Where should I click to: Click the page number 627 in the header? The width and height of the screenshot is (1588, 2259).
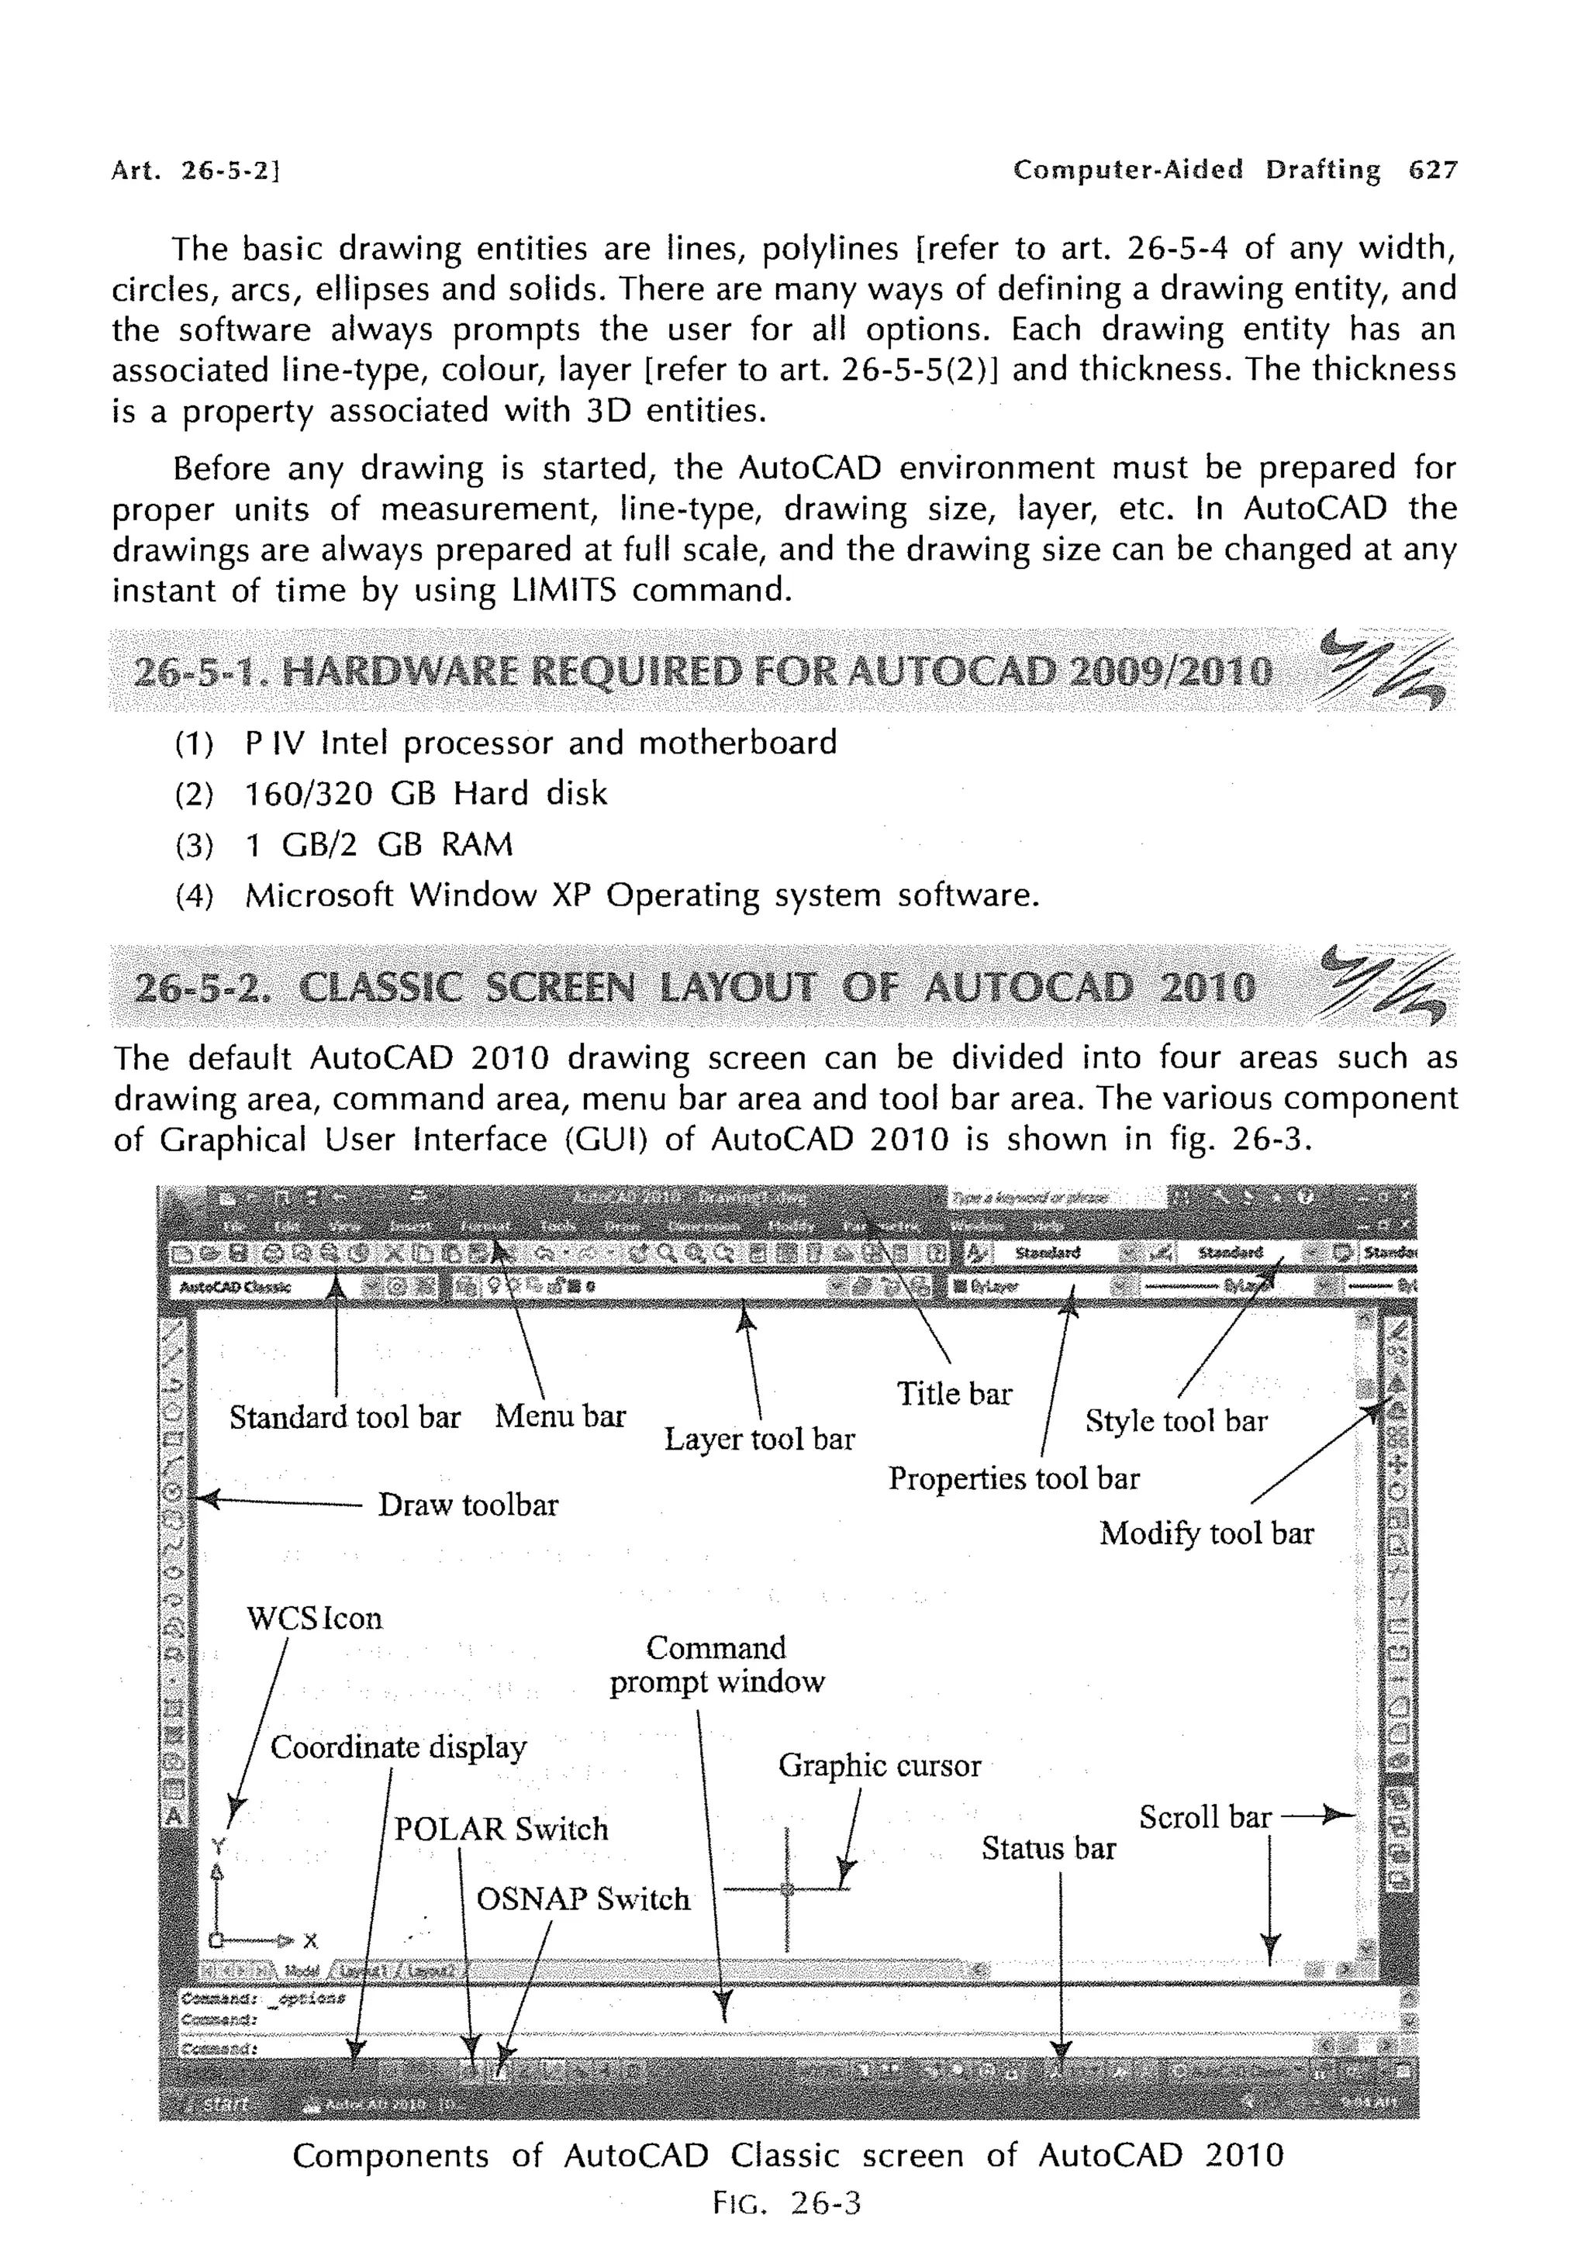pyautogui.click(x=1433, y=171)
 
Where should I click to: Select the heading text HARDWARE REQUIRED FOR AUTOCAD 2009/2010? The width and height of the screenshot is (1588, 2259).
pyautogui.click(x=776, y=673)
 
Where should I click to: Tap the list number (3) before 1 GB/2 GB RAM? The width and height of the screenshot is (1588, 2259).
pyautogui.click(x=194, y=845)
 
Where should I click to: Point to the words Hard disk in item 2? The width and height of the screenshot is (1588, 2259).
pyautogui.click(x=530, y=794)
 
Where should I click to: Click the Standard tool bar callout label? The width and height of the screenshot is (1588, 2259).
pyautogui.click(x=344, y=1417)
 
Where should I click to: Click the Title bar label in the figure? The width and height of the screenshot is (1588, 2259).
pyautogui.click(x=954, y=1393)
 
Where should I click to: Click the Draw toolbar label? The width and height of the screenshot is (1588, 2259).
pyautogui.click(x=468, y=1505)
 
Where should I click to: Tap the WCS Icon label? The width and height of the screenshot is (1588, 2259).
pyautogui.click(x=314, y=1618)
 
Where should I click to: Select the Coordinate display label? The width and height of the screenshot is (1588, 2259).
pyautogui.click(x=399, y=1747)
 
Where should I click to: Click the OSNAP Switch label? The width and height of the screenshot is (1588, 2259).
pyautogui.click(x=582, y=1899)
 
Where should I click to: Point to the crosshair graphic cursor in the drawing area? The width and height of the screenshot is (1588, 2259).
pyautogui.click(x=786, y=1888)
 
